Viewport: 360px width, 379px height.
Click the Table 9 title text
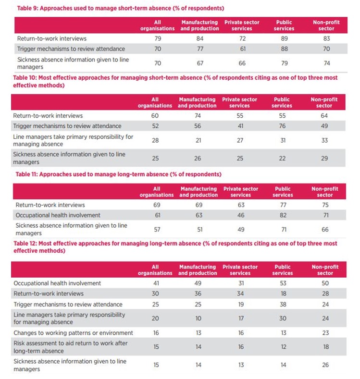(x=113, y=8)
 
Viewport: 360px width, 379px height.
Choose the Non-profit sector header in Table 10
(x=324, y=102)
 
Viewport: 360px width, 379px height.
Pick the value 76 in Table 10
(x=282, y=126)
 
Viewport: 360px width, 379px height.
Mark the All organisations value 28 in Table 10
(x=155, y=140)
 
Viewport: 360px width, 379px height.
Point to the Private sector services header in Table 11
(x=240, y=192)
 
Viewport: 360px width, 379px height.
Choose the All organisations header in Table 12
(x=155, y=270)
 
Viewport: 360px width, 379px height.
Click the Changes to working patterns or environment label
(x=74, y=333)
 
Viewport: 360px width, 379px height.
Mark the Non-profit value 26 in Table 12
(x=325, y=365)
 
